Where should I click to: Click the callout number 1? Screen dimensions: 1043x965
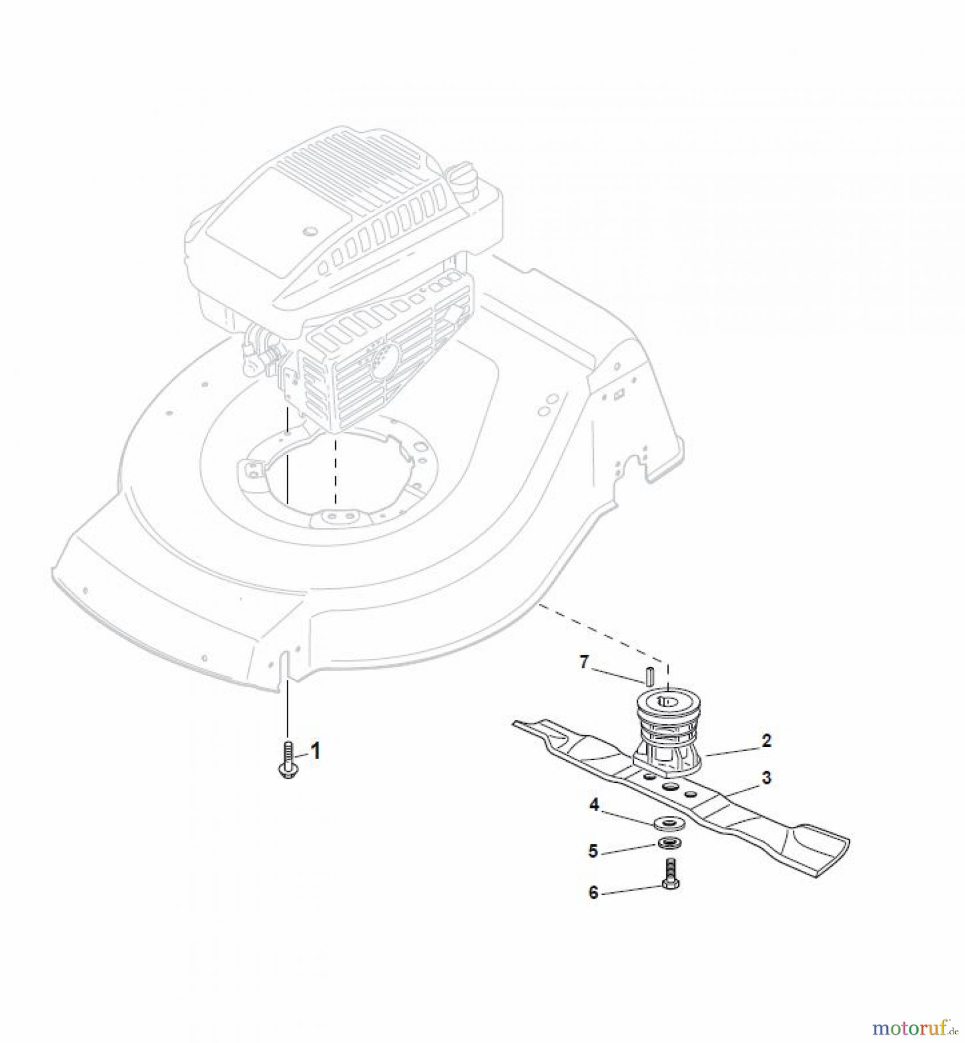[315, 752]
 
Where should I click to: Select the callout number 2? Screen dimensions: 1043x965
[767, 740]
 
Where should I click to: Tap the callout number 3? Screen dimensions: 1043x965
[767, 777]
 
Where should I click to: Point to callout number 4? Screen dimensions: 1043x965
[593, 805]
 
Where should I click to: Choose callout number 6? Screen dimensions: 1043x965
[593, 892]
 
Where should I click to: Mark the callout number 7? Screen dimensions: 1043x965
[585, 661]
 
